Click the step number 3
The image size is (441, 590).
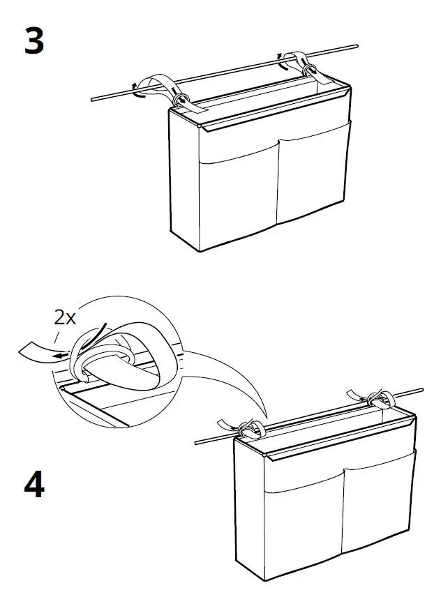tap(34, 41)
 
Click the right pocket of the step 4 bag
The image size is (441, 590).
tap(377, 502)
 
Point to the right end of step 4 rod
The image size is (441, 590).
tap(423, 389)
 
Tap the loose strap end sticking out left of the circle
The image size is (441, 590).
tap(31, 349)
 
